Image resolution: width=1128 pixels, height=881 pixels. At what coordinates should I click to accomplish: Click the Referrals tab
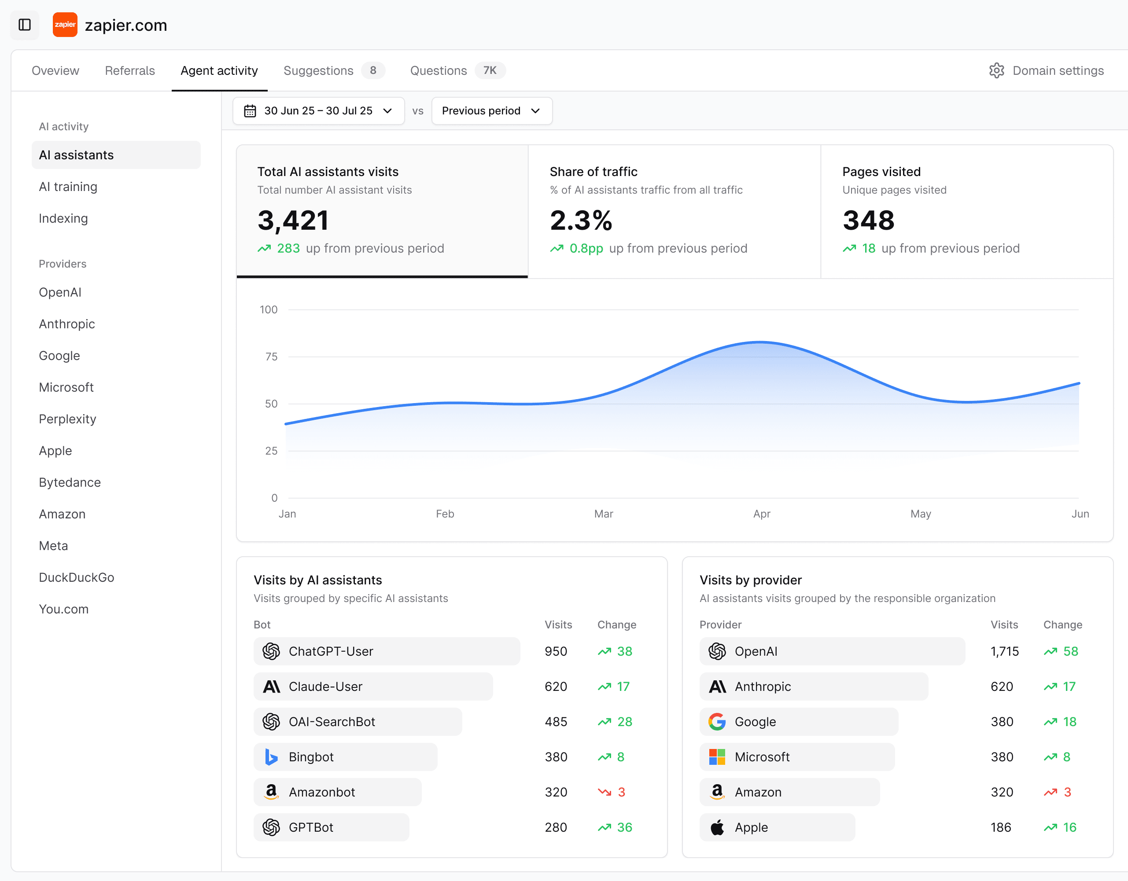pyautogui.click(x=129, y=71)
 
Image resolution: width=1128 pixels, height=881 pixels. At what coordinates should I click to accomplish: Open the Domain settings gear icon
pyautogui.click(x=996, y=71)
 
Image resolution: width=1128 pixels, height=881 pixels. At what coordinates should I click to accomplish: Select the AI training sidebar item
pyautogui.click(x=68, y=187)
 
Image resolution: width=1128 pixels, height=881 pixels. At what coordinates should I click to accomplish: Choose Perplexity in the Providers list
pyautogui.click(x=67, y=419)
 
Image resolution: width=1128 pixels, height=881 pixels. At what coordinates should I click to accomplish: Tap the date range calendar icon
pyautogui.click(x=250, y=111)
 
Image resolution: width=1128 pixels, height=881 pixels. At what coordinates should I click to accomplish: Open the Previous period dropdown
pyautogui.click(x=491, y=111)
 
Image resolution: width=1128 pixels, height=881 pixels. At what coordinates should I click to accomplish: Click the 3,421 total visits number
pyautogui.click(x=293, y=220)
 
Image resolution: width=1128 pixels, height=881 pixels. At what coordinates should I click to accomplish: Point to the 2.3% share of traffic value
pyautogui.click(x=581, y=220)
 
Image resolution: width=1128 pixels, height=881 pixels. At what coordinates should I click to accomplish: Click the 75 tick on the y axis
pyautogui.click(x=271, y=356)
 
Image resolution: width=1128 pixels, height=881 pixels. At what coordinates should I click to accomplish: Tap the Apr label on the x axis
pyautogui.click(x=761, y=514)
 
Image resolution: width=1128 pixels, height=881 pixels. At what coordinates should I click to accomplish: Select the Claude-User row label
pyautogui.click(x=325, y=686)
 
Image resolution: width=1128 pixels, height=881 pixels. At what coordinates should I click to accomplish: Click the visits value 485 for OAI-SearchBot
pyautogui.click(x=556, y=722)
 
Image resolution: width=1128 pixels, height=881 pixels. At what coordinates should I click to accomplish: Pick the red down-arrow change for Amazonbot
pyautogui.click(x=604, y=792)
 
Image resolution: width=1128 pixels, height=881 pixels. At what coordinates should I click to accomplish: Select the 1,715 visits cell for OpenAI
pyautogui.click(x=1004, y=651)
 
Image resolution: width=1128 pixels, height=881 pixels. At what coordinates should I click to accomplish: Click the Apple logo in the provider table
pyautogui.click(x=717, y=827)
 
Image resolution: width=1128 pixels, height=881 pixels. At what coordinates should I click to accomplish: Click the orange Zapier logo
pyautogui.click(x=65, y=25)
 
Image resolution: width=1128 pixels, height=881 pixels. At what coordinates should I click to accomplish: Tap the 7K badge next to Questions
pyautogui.click(x=490, y=71)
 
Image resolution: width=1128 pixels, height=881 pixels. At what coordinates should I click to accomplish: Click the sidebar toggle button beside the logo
pyautogui.click(x=25, y=25)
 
